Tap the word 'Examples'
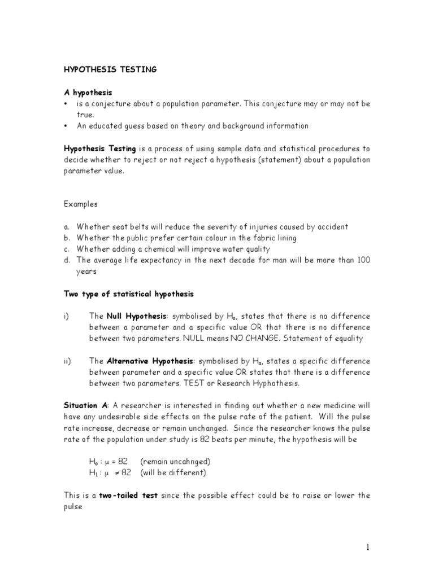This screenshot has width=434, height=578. (x=80, y=204)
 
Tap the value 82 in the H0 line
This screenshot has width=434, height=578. (x=124, y=462)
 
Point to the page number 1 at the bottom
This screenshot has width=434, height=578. (x=367, y=547)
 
